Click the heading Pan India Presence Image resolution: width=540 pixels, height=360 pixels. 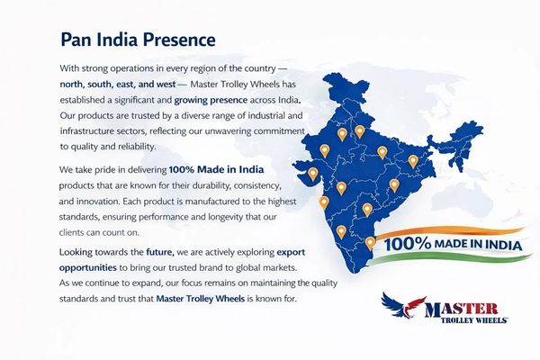click(x=138, y=40)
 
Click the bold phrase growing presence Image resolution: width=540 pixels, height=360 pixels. click(x=211, y=100)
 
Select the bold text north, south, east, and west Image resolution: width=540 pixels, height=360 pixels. click(x=118, y=85)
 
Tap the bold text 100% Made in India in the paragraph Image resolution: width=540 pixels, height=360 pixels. click(x=217, y=169)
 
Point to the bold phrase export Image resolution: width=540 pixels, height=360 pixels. click(x=291, y=253)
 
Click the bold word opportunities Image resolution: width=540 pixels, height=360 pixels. click(x=88, y=268)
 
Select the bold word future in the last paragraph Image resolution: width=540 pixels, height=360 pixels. click(x=160, y=252)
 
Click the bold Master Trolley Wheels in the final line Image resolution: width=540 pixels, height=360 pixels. click(x=201, y=298)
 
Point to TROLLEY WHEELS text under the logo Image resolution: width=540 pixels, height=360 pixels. click(x=474, y=320)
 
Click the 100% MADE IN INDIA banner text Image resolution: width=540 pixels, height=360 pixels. click(x=454, y=244)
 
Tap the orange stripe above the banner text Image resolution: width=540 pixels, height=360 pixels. click(x=451, y=230)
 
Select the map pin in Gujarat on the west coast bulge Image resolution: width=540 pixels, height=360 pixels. click(x=312, y=174)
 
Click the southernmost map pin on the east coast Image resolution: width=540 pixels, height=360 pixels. click(x=370, y=243)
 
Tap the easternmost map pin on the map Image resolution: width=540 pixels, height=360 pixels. click(x=413, y=161)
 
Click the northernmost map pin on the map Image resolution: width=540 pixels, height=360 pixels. click(x=359, y=131)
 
